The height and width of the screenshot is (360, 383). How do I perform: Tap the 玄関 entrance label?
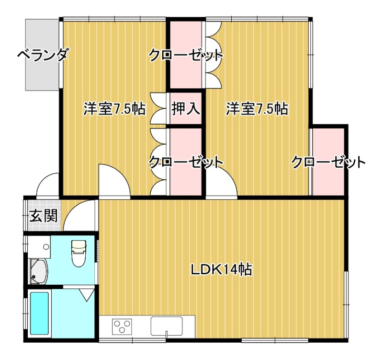tap(44, 216)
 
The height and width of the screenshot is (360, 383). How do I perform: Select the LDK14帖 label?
tap(221, 269)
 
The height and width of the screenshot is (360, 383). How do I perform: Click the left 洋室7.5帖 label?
tap(114, 109)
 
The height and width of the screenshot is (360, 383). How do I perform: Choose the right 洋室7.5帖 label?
tap(257, 109)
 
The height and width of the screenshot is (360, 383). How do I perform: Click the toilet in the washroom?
tap(79, 253)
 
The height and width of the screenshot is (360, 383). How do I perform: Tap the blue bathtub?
tap(39, 314)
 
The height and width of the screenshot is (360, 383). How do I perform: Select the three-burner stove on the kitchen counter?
tap(122, 326)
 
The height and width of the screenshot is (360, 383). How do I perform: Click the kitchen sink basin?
tap(167, 326)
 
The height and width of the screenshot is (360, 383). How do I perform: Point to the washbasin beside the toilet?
tap(39, 247)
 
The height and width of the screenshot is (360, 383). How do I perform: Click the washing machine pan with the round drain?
tap(38, 271)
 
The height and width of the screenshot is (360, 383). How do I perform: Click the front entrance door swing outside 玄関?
tap(47, 185)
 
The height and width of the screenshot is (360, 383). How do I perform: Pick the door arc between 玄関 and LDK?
tap(79, 215)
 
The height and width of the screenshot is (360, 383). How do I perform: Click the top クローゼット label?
tap(186, 56)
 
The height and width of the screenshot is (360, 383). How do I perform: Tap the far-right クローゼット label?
tap(328, 162)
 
